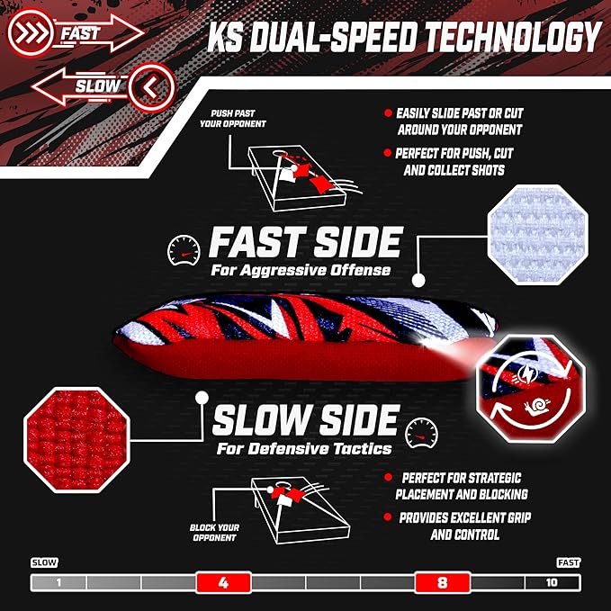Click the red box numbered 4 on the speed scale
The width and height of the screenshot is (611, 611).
click(223, 582)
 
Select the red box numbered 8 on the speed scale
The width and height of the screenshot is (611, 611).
click(443, 582)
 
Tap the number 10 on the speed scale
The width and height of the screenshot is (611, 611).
click(552, 582)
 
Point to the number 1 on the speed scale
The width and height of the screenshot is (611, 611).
click(58, 582)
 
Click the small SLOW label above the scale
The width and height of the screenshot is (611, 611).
click(44, 562)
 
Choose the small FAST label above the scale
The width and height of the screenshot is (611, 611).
click(569, 562)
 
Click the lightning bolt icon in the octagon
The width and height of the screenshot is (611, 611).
click(526, 373)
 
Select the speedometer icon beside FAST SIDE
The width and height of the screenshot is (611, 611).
click(184, 250)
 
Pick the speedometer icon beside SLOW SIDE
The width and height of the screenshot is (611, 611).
click(422, 434)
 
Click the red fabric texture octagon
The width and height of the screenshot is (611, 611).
click(76, 440)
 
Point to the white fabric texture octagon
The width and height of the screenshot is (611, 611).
click(538, 235)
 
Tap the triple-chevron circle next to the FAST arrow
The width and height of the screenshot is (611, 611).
click(30, 32)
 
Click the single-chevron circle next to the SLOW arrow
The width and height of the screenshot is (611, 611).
click(151, 87)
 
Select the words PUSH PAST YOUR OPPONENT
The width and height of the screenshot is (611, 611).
click(233, 119)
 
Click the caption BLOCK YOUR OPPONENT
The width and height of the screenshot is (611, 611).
click(214, 533)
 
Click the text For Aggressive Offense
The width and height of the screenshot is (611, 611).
click(301, 270)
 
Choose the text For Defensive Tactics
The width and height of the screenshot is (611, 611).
click(304, 448)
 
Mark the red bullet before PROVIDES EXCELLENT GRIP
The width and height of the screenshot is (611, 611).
click(387, 517)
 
